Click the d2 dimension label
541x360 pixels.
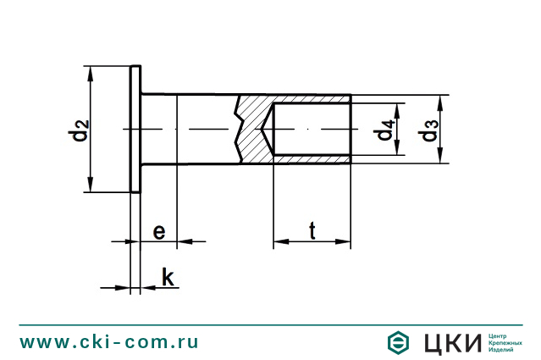78,131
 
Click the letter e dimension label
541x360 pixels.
158,230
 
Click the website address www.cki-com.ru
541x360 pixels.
109,341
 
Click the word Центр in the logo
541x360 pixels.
500,335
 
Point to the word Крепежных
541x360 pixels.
505,342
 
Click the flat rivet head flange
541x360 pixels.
135,130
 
